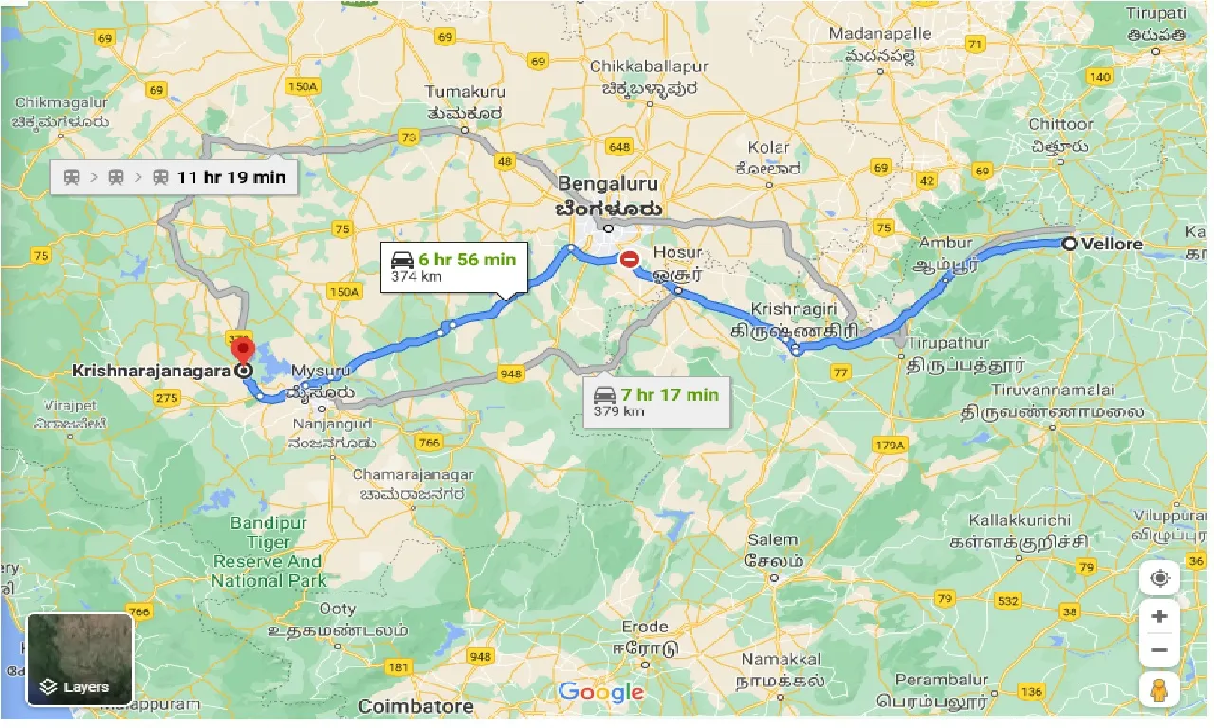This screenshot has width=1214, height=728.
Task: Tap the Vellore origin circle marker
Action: point(1069,244)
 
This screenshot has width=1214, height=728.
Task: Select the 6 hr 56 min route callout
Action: point(453,267)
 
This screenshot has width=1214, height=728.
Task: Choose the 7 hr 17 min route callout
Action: point(655,402)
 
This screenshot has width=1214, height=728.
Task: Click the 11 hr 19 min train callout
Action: point(174,176)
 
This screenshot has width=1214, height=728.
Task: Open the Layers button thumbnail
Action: point(80,659)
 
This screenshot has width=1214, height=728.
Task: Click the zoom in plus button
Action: point(1158,617)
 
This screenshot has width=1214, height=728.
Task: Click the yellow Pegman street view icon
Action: point(1158,691)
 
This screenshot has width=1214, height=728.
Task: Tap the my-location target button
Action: point(1158,578)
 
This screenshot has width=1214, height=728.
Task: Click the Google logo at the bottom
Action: point(600,692)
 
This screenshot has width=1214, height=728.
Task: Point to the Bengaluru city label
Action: point(608,184)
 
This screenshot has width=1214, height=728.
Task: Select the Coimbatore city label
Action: point(416,706)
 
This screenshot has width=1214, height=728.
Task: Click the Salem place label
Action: point(772,540)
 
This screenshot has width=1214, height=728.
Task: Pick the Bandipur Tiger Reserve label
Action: point(268,552)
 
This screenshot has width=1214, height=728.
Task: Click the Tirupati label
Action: point(1156,13)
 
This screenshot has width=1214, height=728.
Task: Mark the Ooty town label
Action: point(338,609)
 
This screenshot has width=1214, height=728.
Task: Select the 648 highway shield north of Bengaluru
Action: point(619,147)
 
